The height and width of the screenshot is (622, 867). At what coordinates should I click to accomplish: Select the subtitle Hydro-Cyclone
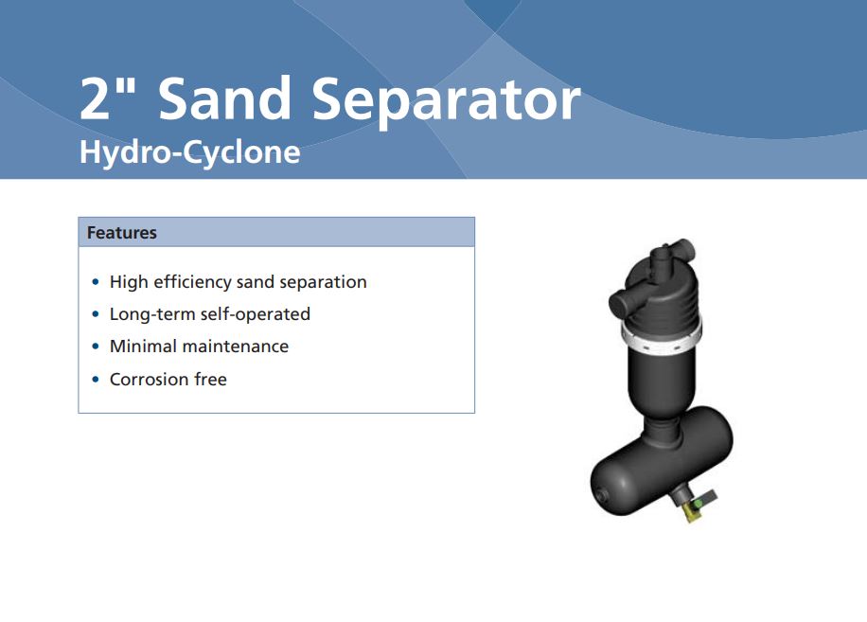[x=189, y=151]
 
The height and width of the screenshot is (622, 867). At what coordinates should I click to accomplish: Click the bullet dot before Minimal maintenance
[x=95, y=347]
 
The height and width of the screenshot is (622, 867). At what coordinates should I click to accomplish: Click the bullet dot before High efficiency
[x=95, y=283]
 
